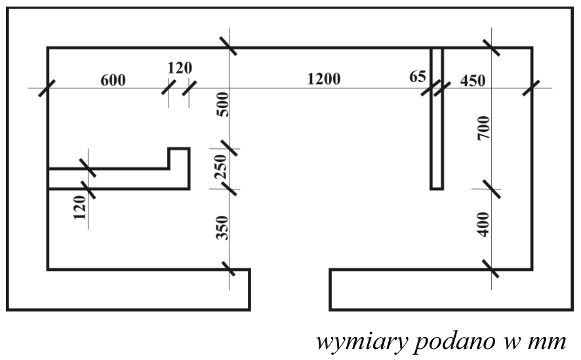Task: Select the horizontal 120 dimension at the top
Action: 180,68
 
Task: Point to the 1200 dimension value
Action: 324,79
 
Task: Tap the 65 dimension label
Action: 418,76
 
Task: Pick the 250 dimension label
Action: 221,167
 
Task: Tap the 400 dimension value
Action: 485,224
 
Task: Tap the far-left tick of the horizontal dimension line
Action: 47,88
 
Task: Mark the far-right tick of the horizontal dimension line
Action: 531,88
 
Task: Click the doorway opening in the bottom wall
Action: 290,289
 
